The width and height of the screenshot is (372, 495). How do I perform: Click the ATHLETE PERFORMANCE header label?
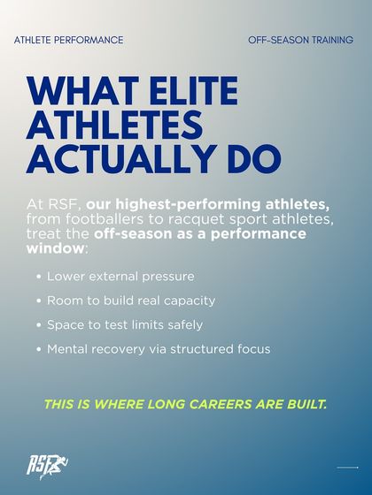(68, 41)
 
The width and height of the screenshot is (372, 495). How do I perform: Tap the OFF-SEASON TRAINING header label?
(300, 41)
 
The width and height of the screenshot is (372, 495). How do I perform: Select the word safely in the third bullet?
(184, 324)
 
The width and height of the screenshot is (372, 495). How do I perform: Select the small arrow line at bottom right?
(347, 467)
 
